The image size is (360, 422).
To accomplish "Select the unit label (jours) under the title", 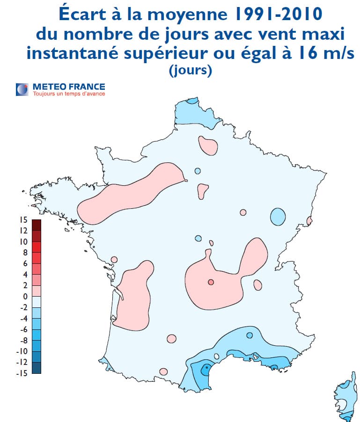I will pos(190,70).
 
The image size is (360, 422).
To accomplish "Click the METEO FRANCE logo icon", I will pos(22,89).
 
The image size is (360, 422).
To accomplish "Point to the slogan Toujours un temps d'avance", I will pos(68,94).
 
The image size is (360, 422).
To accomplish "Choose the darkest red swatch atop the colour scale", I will pos(37,225).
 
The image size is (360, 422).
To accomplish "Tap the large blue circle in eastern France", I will pos(278,217).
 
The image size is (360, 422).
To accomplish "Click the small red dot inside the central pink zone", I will pos(211,282).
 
